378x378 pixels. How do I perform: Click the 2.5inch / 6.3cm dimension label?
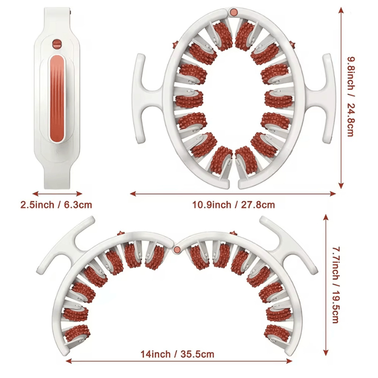pos(56,205)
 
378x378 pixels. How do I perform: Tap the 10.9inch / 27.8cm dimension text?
pos(233,205)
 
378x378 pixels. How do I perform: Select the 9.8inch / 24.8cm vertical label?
pos(350,96)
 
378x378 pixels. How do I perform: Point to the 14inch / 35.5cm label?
pos(177,354)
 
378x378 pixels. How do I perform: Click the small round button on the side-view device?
pos(57,44)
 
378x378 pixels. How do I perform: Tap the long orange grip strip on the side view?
pos(57,99)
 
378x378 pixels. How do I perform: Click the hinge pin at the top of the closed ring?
pos(233,12)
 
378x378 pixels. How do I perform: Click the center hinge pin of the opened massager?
pos(177,250)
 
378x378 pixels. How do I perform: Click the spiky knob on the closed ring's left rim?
pos(175,45)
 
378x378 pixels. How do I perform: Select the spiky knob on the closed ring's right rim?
pos(292,45)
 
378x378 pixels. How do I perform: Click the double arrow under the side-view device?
pos(57,193)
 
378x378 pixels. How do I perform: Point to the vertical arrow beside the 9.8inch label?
pos(341,98)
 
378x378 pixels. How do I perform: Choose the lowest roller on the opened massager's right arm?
pos(277,333)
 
